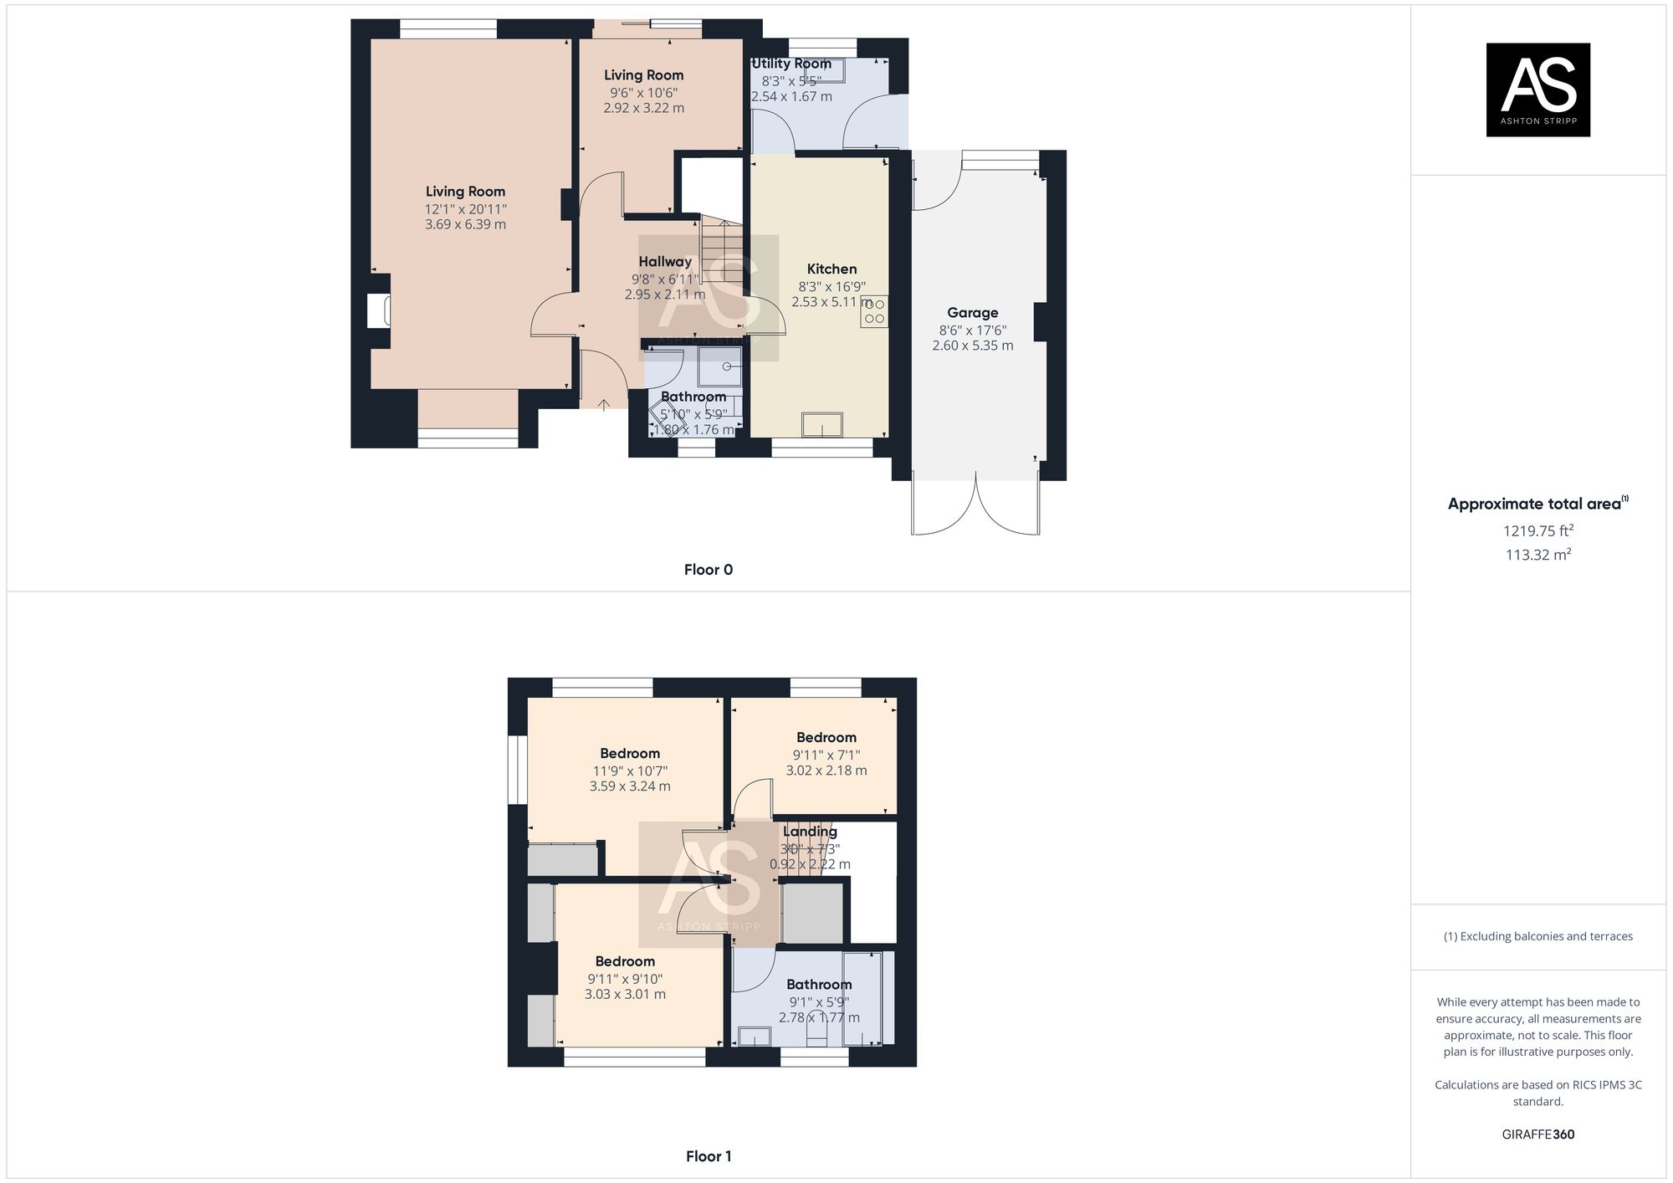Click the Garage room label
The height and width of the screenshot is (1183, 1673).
pos(972,313)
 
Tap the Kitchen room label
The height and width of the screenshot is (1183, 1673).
pos(831,269)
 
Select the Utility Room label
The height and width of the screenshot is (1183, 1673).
pos(790,64)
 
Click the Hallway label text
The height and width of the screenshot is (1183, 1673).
pos(665,262)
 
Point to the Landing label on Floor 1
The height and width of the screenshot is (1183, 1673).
pos(810,832)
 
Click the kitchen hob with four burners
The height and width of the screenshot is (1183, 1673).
pos(874,311)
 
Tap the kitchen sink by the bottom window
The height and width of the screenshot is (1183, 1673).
pos(822,425)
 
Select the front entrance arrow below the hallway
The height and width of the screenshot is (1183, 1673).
pos(604,404)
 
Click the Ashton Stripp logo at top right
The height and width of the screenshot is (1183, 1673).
pos(1537,90)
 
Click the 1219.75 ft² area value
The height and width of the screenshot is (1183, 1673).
pos(1537,530)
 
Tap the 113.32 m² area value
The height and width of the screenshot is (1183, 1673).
pos(1537,555)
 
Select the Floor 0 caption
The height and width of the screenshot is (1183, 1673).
pos(708,570)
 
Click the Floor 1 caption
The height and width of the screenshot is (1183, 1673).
pos(708,1156)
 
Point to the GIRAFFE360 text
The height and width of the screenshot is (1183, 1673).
pos(1537,1134)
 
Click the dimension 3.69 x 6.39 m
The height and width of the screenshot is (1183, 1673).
pos(465,224)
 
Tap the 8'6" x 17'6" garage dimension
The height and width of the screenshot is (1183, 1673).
pos(972,330)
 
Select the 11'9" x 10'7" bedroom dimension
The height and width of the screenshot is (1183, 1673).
pos(630,771)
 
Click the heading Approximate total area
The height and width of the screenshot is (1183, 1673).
pos(1534,504)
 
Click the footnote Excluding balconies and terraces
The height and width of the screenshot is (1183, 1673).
pos(1537,936)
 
